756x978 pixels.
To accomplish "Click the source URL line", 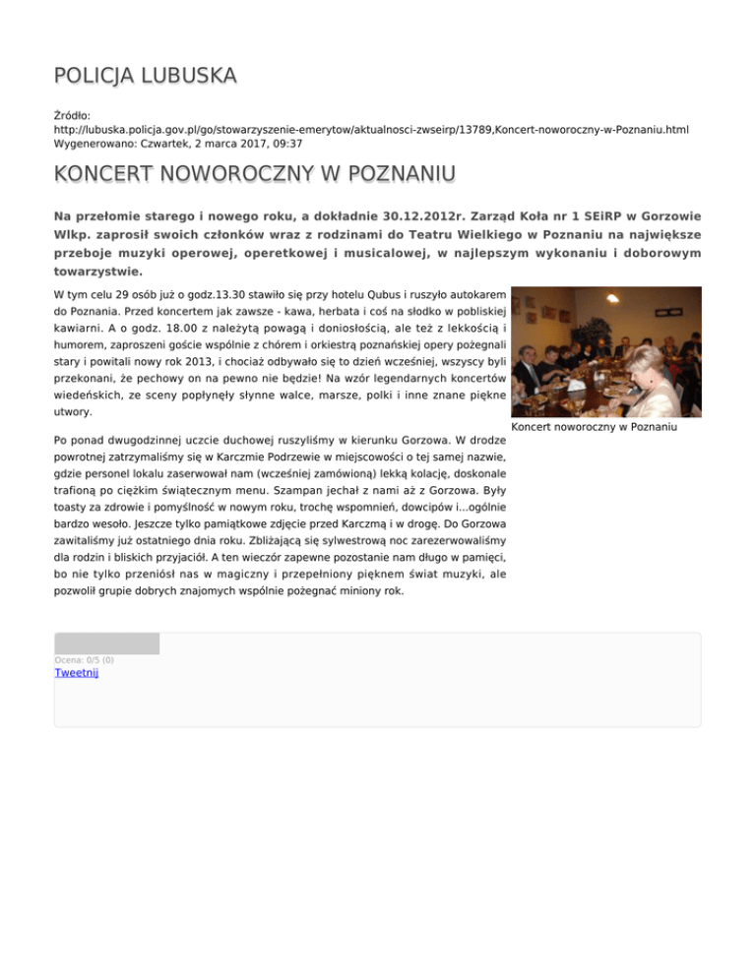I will click(371, 129).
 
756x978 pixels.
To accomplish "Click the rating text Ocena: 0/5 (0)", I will click(85, 659).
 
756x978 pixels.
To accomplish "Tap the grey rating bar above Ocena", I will click(106, 644).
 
